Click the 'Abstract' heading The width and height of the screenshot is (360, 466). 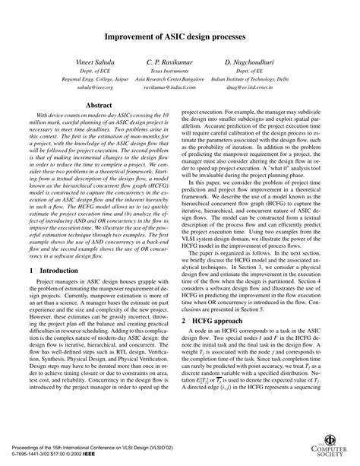pyautogui.click(x=99, y=107)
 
